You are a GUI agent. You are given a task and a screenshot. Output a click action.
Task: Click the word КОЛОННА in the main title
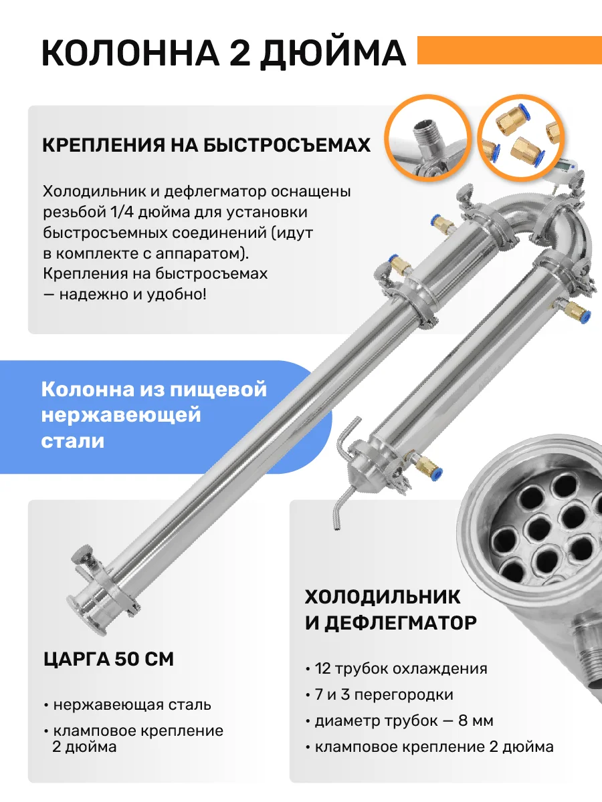click(130, 53)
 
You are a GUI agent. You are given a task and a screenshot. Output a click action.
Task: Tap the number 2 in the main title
click(240, 53)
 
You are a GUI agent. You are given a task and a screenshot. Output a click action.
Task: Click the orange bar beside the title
click(510, 50)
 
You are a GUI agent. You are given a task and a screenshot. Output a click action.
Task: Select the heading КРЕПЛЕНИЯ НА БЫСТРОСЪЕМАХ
click(207, 145)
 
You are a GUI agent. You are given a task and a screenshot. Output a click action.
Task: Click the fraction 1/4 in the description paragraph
click(121, 212)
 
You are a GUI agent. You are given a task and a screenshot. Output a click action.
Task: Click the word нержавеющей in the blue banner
click(121, 416)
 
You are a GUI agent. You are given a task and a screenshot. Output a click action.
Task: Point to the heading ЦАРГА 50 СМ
click(108, 659)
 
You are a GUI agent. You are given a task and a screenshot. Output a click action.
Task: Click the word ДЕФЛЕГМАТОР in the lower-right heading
click(401, 623)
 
